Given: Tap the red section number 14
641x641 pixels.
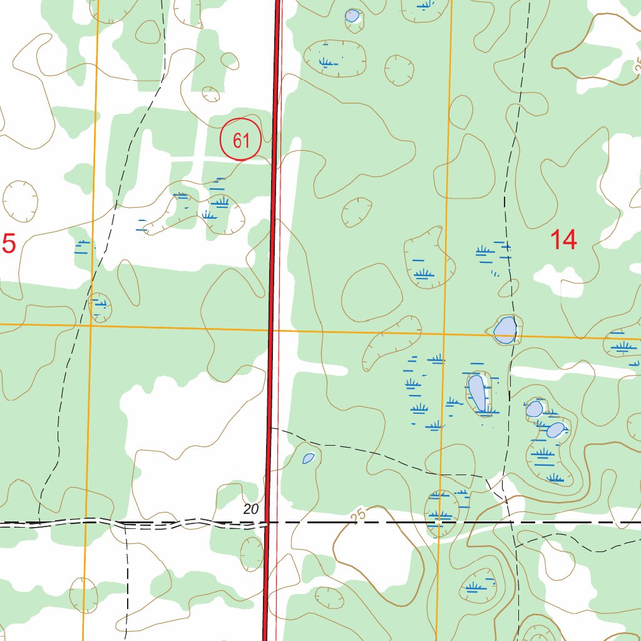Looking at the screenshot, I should [563, 240].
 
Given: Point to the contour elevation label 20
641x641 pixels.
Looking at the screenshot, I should [251, 510].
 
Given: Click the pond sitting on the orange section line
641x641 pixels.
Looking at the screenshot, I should [505, 330].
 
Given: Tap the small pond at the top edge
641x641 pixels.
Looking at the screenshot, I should [352, 16].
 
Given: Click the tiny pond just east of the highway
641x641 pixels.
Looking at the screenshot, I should [308, 459].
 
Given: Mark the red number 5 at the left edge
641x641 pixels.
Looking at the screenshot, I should [9, 244].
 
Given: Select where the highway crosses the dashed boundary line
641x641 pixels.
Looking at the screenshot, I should [268, 521].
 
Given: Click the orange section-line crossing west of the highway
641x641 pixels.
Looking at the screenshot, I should [91, 325].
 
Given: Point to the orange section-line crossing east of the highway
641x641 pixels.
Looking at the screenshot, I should [444, 334].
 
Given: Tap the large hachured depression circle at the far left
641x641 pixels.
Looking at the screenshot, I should [21, 201].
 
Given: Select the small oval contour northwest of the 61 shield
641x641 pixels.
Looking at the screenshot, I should [212, 95].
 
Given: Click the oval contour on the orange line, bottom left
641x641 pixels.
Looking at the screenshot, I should [83, 595].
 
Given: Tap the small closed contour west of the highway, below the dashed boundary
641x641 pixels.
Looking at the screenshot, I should [252, 553].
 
